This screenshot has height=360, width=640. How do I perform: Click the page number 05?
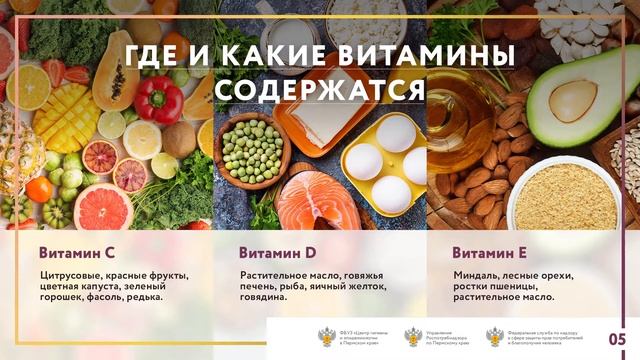point(617,337)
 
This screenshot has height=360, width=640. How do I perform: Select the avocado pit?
point(573,100)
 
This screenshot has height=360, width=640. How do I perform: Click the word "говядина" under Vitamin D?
point(270,297)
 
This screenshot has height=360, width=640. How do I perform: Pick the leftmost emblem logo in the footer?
point(327,337)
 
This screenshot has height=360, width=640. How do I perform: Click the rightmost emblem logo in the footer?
point(494,337)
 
